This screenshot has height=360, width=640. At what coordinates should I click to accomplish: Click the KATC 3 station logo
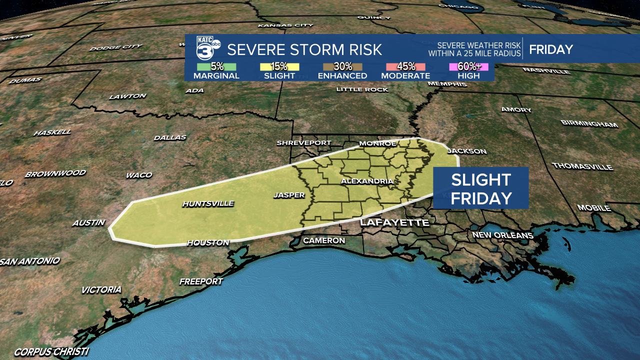tap(204, 49)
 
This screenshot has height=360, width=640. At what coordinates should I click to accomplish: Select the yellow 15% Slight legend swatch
tap(279, 67)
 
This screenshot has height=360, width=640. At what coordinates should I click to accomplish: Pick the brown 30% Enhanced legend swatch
tap(342, 67)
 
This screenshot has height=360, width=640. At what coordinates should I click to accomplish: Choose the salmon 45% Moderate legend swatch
tap(405, 67)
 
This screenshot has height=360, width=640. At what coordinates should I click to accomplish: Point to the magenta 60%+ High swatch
tap(468, 67)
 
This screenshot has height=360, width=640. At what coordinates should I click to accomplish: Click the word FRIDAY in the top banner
tap(551, 49)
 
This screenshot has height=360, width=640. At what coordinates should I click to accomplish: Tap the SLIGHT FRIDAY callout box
tap(480, 188)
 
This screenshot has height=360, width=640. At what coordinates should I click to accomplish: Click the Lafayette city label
tap(394, 222)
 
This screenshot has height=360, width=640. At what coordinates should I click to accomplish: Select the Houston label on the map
tap(208, 242)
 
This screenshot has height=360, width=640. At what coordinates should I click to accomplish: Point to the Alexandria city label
tap(366, 181)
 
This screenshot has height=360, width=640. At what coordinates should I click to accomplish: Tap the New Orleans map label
tap(502, 235)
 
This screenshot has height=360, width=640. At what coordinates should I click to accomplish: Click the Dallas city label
tap(170, 137)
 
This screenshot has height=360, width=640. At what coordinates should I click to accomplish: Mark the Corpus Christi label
tap(51, 351)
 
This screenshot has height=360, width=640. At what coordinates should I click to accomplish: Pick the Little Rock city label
tap(362, 89)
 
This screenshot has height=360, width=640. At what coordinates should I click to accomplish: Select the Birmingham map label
tap(589, 123)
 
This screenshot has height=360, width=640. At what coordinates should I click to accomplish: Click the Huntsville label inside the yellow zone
tap(208, 203)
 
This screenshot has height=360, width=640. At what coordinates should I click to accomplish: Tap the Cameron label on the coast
tap(324, 240)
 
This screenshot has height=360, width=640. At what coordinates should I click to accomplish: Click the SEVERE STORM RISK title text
tap(304, 49)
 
